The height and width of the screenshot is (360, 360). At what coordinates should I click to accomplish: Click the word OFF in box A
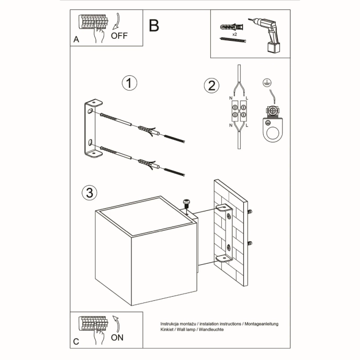coord(119,36)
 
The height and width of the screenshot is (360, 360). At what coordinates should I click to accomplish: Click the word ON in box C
coord(118,337)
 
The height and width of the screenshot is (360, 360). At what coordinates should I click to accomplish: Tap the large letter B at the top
coord(153,26)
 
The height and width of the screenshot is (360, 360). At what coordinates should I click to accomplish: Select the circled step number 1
coord(129,83)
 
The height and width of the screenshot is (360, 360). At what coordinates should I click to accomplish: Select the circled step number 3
coord(89,193)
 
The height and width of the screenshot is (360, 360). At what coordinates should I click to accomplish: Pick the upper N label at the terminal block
coord(231,98)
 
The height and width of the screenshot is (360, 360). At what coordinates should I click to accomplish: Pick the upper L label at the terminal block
coord(247,98)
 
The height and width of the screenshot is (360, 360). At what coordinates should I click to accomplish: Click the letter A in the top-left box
coord(76,39)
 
